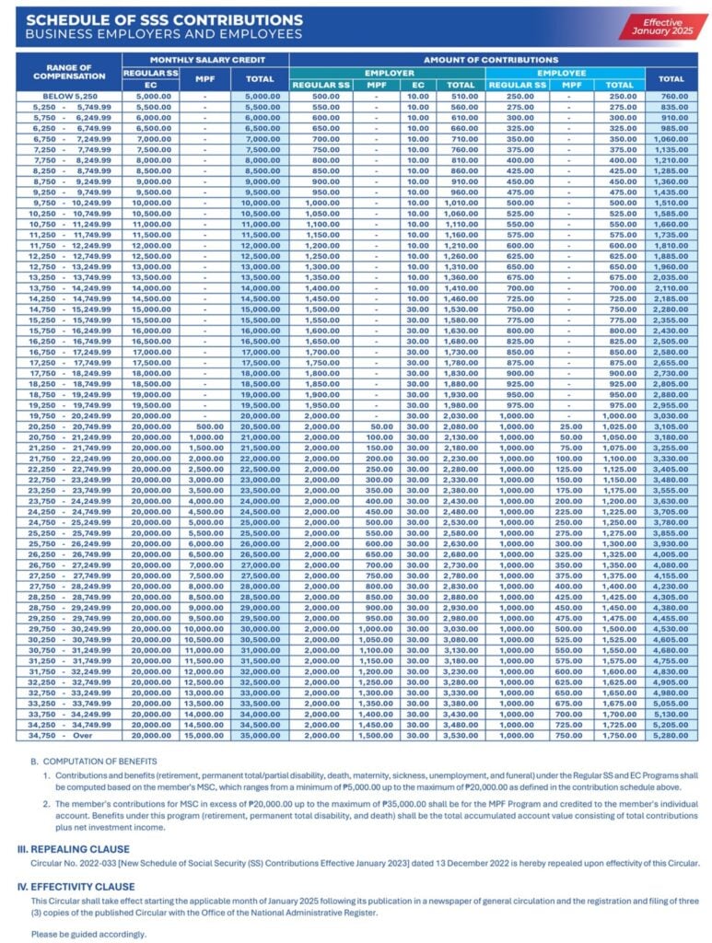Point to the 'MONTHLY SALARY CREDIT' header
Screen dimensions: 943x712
[204, 59]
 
